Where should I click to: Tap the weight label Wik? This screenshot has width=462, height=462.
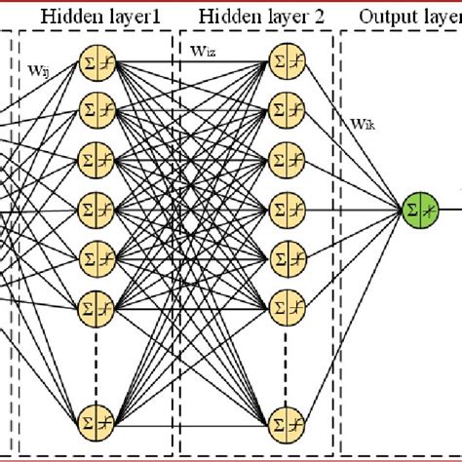click(x=365, y=125)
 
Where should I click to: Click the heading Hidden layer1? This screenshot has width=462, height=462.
click(x=97, y=17)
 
